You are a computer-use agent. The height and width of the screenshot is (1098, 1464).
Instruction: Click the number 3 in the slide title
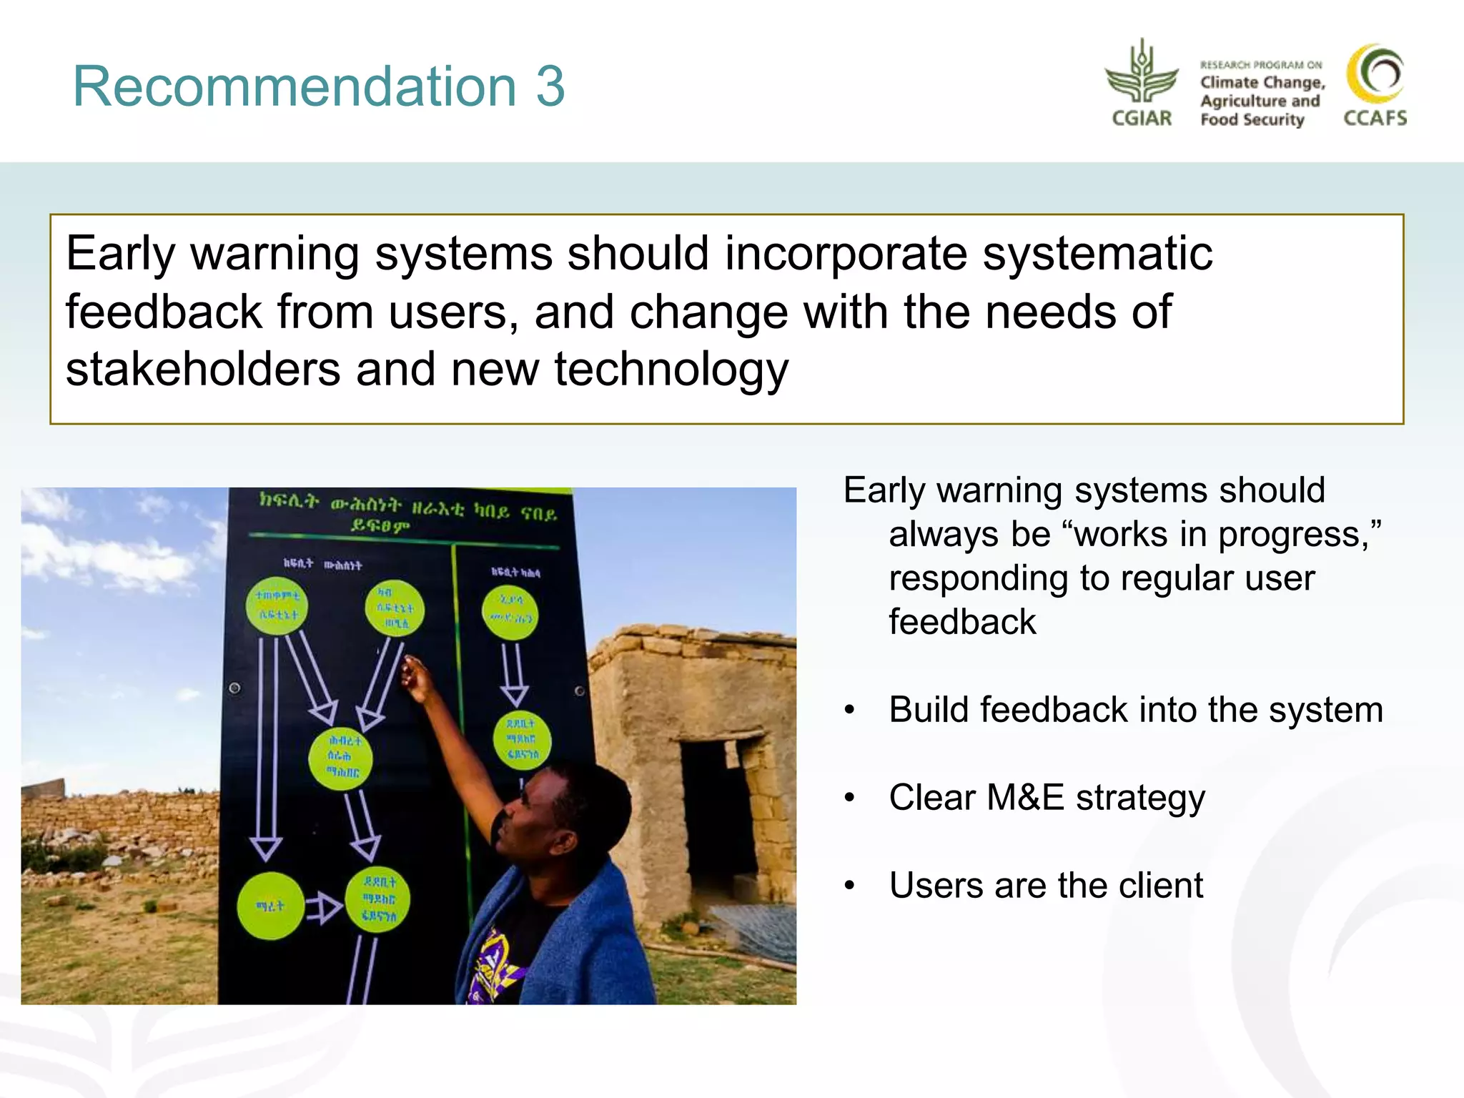tap(550, 86)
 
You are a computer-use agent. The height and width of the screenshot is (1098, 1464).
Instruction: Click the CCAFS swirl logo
tap(1375, 74)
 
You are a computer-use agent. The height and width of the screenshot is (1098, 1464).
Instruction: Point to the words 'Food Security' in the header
tap(1252, 119)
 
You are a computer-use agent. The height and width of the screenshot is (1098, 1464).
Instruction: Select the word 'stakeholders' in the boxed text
tap(202, 370)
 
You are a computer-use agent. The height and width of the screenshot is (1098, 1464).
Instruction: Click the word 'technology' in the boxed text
tap(671, 370)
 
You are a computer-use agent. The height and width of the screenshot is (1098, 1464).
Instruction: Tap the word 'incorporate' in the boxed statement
tap(846, 253)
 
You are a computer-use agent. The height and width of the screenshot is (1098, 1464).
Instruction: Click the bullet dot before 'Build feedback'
tap(849, 711)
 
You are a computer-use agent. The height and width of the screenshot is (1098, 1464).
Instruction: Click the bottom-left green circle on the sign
tap(270, 905)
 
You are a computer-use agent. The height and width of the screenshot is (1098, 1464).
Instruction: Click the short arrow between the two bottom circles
tap(324, 908)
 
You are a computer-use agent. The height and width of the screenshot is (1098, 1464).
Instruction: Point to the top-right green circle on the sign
tap(510, 612)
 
